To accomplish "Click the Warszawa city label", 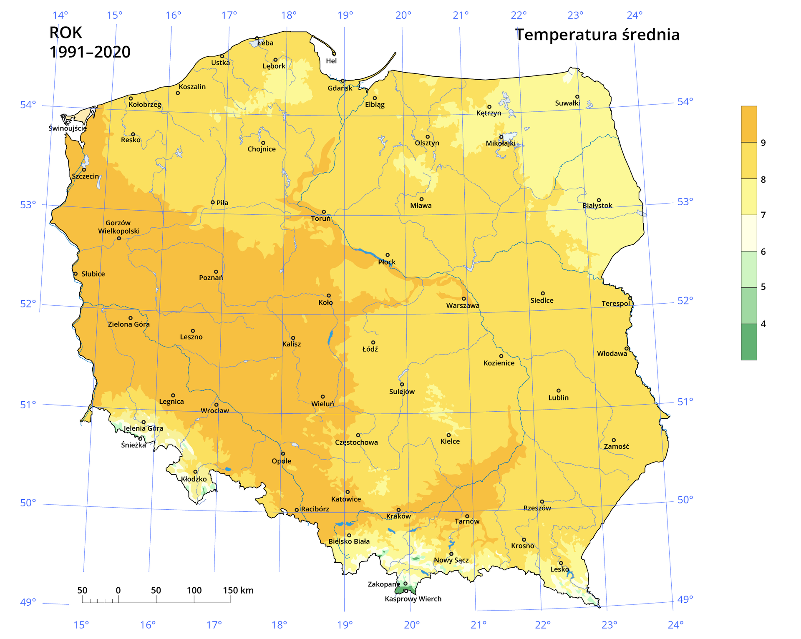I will point(463,306).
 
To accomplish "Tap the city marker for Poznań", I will point(216,272).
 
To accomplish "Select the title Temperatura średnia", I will point(597,35).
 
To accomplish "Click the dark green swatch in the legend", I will point(749,342).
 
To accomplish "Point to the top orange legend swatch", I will point(749,124).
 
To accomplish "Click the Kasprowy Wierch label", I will point(413,599).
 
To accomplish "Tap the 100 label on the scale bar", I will point(194,590).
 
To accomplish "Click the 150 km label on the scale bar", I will point(238,590).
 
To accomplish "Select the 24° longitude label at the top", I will point(634,15).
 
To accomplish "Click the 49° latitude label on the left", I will point(28,602).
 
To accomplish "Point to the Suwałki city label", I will point(567,103).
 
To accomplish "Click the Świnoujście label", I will point(68,128).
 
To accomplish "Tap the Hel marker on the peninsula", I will point(334,54).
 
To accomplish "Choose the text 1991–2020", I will point(90,52).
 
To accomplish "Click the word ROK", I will point(65,33).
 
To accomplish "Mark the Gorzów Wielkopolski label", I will point(118,227).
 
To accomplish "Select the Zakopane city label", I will point(383,584).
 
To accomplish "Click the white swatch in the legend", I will point(749,233).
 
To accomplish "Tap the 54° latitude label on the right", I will point(685,102).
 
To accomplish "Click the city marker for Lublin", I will point(559,391).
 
